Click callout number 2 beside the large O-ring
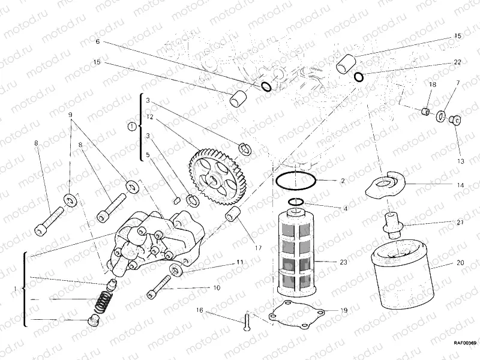pyautogui.click(x=342, y=180)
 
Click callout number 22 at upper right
pyautogui.click(x=457, y=62)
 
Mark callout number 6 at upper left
pyautogui.click(x=97, y=42)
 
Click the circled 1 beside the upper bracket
pyautogui.click(x=131, y=126)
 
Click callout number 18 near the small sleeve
pyautogui.click(x=431, y=85)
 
